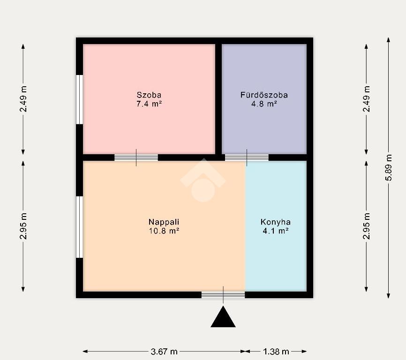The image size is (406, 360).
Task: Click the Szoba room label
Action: [149, 95]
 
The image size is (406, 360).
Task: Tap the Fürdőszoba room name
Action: [264, 95]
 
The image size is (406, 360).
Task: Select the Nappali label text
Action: [164, 222]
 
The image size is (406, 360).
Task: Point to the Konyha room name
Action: [276, 222]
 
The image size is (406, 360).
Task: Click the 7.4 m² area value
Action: [149, 104]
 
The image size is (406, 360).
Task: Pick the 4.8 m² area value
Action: [264, 104]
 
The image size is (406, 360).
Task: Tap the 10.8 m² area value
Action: [164, 231]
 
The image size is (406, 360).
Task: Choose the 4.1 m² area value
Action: [276, 231]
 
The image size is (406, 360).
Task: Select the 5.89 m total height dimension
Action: [389, 168]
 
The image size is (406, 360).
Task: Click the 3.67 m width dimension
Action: [164, 352]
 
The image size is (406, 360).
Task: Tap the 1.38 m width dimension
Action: [276, 352]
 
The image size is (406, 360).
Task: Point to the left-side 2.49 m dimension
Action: [23, 99]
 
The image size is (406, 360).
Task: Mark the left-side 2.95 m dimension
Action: [23, 226]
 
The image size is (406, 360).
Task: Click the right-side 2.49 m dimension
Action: [366, 99]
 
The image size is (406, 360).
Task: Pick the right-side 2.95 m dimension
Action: [366, 226]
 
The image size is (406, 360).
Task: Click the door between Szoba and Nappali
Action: [136, 157]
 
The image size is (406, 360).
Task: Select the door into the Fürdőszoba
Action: [247, 157]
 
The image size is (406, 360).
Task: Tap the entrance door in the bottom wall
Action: [223, 295]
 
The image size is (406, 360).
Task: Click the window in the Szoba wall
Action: [80, 100]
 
